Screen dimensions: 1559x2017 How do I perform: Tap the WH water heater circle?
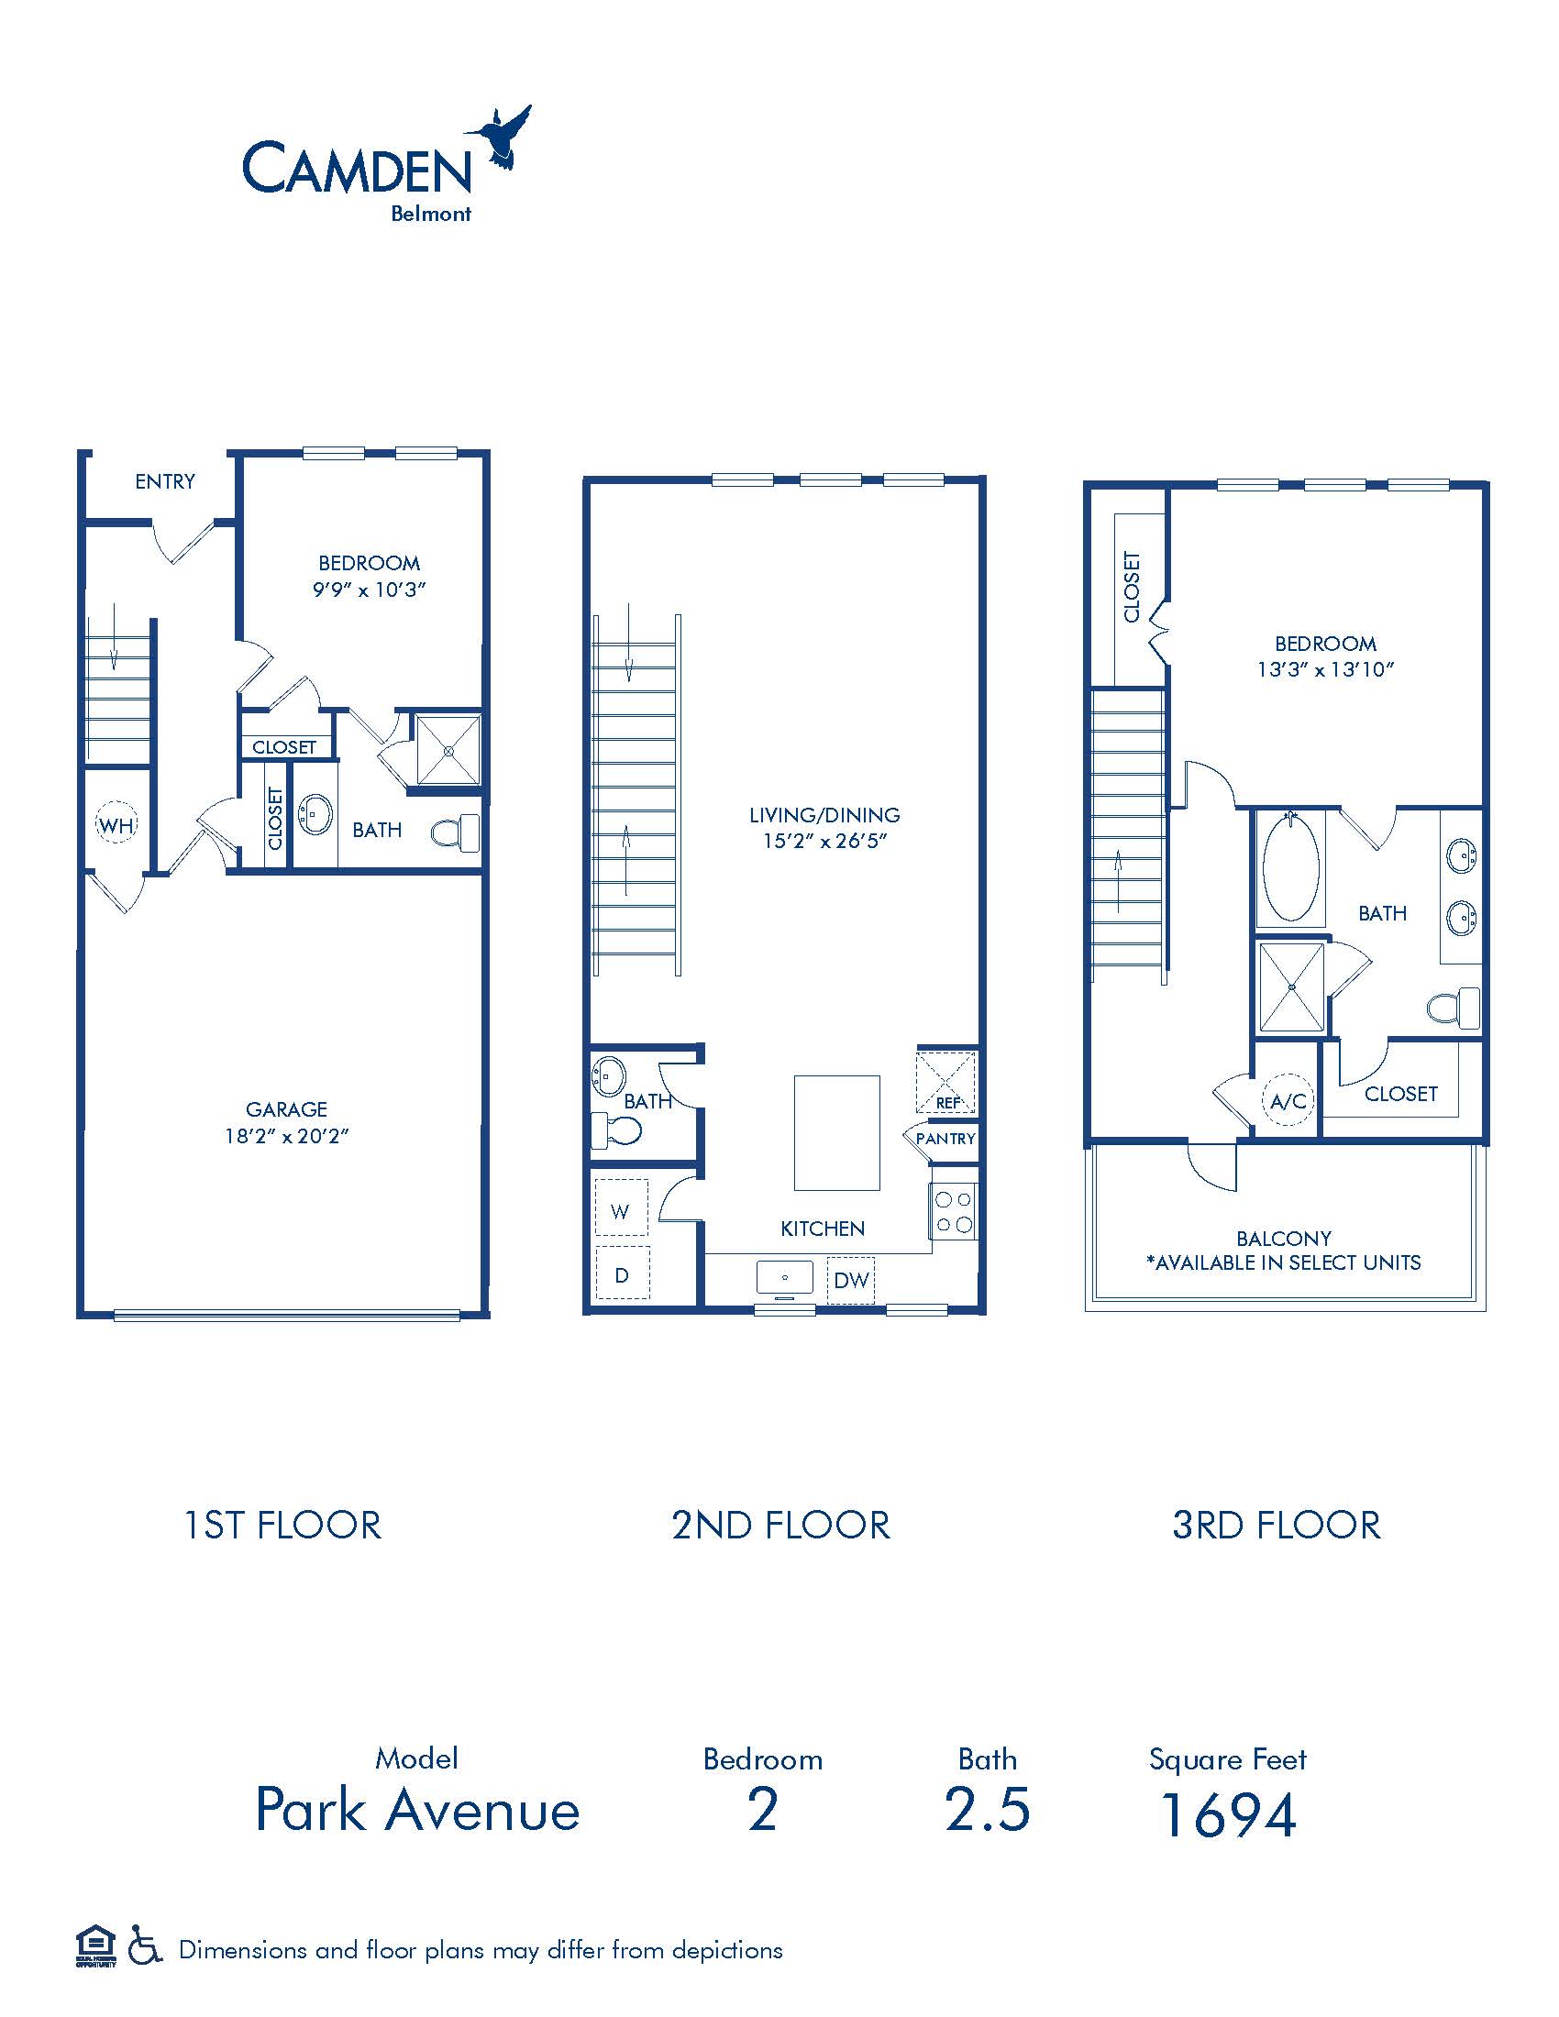[116, 825]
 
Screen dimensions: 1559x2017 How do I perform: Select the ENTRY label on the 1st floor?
[165, 481]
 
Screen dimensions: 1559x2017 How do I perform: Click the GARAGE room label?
[286, 1109]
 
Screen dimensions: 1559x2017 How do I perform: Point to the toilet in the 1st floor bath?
[457, 832]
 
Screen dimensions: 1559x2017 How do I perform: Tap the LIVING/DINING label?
[824, 814]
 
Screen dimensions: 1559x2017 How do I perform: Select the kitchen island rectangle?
[836, 1133]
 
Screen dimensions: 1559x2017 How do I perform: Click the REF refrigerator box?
[945, 1083]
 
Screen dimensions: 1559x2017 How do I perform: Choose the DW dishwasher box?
[851, 1280]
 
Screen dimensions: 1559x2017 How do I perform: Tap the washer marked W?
[621, 1208]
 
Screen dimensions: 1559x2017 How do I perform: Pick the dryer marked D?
[622, 1274]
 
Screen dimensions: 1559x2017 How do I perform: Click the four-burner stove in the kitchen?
[953, 1212]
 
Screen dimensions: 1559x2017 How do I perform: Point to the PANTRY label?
[945, 1139]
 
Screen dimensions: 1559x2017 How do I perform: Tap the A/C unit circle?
[1288, 1100]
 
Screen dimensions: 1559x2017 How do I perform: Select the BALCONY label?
[1284, 1239]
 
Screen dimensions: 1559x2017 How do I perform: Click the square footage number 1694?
[1228, 1814]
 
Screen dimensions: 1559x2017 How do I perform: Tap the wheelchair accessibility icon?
[144, 1949]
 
